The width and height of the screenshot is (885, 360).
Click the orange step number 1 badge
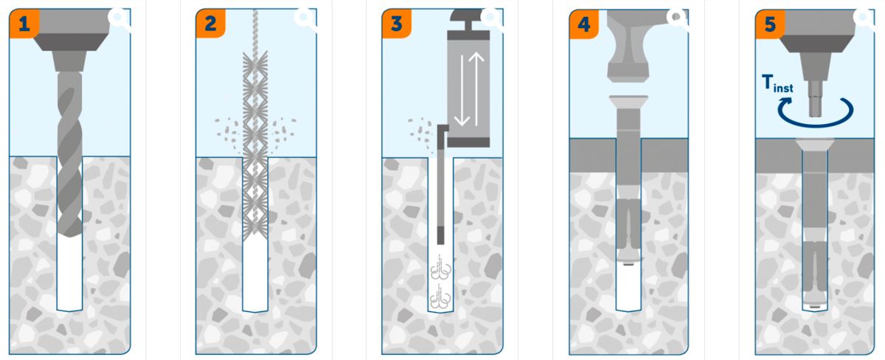coord(24,24)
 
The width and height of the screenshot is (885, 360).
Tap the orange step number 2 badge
coord(211,24)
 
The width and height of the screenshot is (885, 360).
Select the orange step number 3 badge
coord(397,24)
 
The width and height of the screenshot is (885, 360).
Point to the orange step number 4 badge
coord(584,24)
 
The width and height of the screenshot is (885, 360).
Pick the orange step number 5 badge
coord(770,24)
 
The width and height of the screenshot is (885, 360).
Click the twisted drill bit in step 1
coord(70,154)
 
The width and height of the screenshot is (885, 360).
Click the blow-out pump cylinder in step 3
coord(468,89)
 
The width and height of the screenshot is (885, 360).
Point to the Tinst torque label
coord(777,84)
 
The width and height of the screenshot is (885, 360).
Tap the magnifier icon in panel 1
coord(119,18)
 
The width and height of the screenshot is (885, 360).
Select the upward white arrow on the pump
coord(476,89)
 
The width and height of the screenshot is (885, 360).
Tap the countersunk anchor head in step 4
coord(628,102)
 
